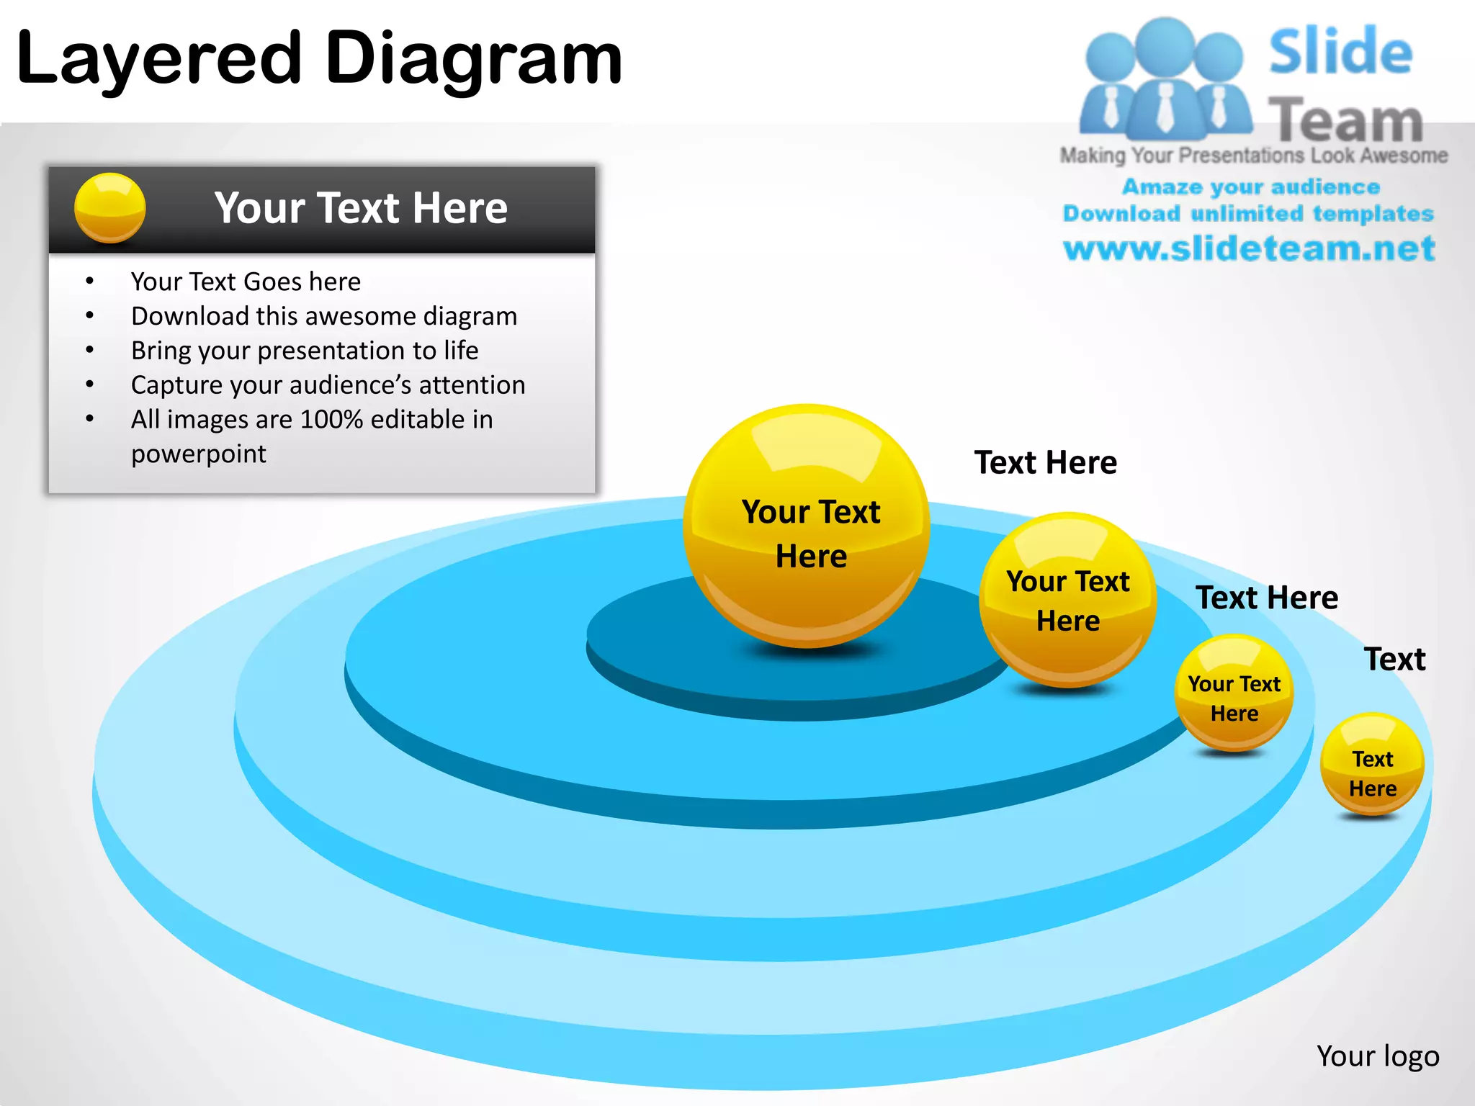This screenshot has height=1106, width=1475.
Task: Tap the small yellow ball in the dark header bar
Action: coord(110,207)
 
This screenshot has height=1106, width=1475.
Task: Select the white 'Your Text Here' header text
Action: coord(361,208)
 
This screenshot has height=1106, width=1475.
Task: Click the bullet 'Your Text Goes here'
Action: coord(246,282)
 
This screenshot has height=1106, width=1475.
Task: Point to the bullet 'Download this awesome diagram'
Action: coord(324,316)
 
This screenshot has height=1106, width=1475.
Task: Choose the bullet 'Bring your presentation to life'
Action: coord(305,351)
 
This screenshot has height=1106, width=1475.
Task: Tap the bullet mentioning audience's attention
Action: coord(328,385)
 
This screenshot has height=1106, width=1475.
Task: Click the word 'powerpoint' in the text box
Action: coord(199,454)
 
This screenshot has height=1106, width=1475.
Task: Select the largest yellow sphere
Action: coord(807,526)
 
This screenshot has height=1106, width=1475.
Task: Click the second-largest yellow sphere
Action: coord(1067,600)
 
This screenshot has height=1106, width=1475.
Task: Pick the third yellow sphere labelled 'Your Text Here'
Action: coord(1234,693)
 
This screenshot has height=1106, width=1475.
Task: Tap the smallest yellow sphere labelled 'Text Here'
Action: coord(1373,765)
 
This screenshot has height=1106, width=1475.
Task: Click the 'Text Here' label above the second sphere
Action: coord(1046,462)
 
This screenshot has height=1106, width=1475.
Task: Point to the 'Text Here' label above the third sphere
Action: coord(1267,598)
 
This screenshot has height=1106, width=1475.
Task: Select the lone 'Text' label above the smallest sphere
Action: coord(1395,660)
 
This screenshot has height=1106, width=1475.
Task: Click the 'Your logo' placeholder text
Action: coord(1378,1056)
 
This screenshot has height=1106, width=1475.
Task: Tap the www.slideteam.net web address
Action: coord(1250,248)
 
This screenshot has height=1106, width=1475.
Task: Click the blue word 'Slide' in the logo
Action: coord(1341,52)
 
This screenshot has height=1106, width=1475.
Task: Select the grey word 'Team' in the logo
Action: coord(1345,120)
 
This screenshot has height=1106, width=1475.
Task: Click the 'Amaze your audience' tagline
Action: coord(1251,187)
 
